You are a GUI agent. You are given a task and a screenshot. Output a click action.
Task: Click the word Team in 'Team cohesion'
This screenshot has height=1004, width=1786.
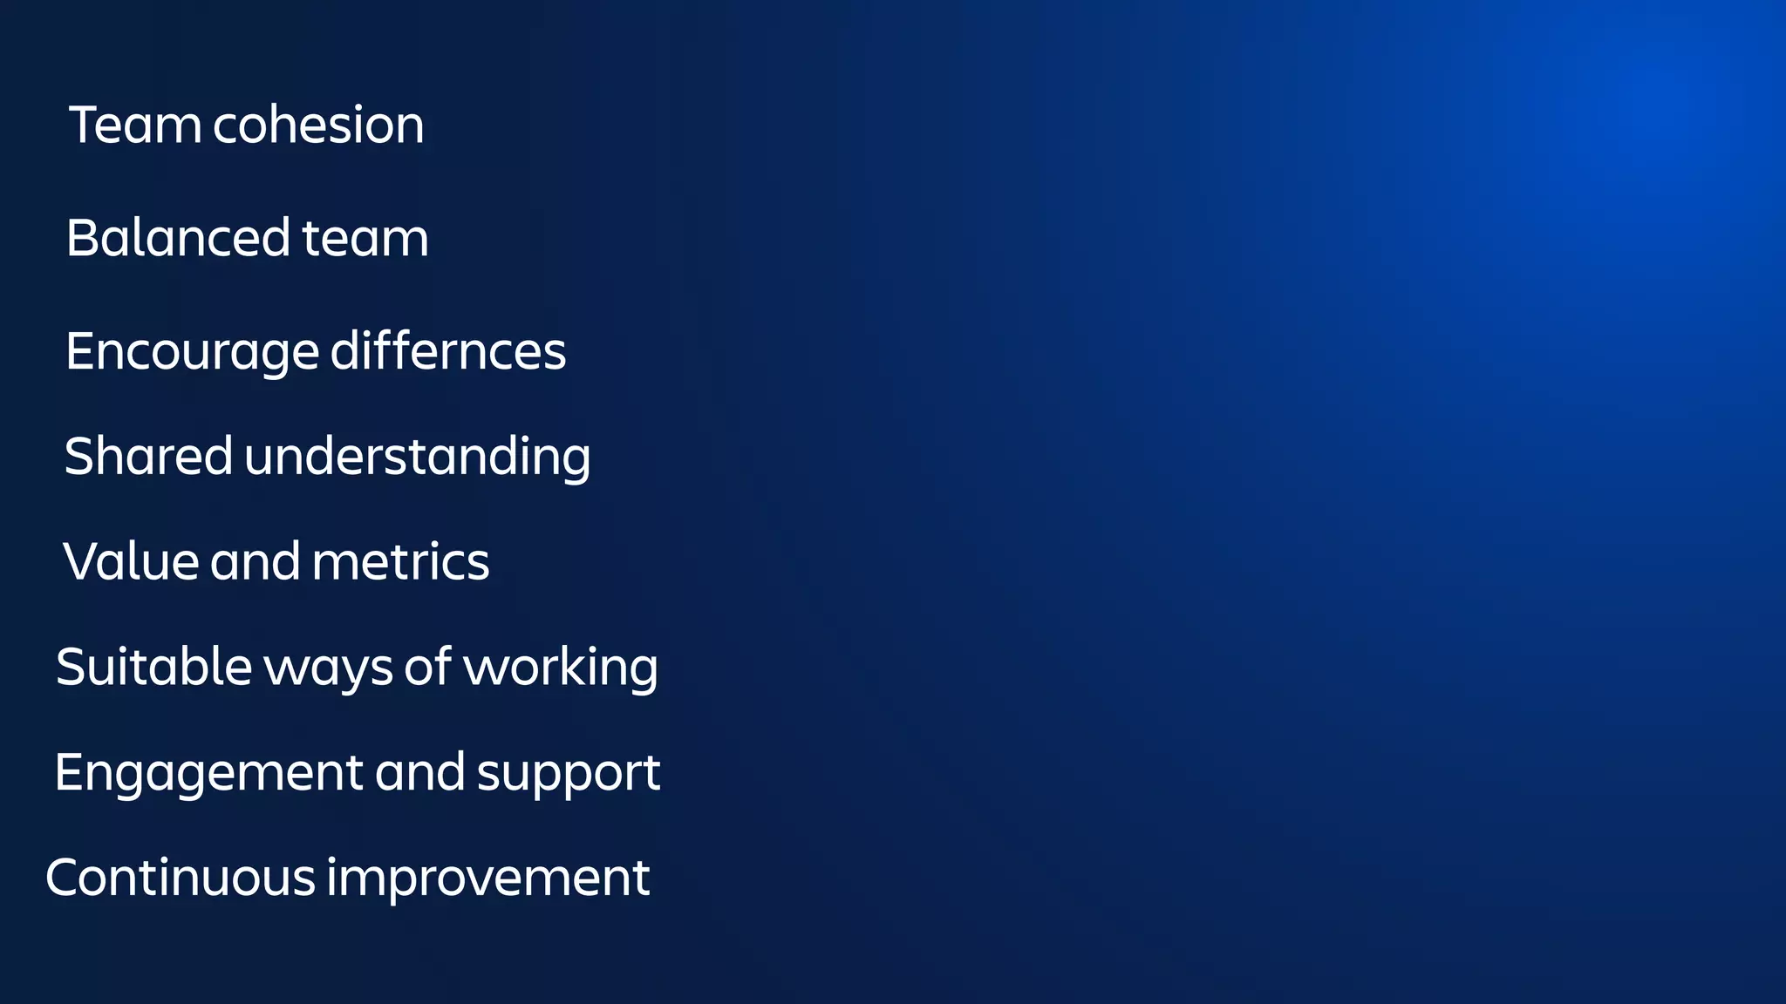point(135,125)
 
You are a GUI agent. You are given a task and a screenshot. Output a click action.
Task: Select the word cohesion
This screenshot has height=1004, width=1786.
point(318,125)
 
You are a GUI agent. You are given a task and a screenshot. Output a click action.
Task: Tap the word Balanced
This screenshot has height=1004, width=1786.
point(178,238)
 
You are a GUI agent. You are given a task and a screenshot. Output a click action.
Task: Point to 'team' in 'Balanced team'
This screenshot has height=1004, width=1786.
point(365,238)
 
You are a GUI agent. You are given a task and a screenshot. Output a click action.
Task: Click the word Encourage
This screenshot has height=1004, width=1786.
point(192,352)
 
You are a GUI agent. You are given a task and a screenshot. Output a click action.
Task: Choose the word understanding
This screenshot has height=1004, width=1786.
point(417,458)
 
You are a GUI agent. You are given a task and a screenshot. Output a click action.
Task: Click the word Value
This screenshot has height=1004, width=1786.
point(131,561)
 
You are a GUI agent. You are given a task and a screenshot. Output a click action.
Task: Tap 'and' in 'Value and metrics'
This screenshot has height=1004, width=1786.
point(255,561)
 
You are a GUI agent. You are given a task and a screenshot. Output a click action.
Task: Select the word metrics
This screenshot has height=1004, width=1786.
point(401,561)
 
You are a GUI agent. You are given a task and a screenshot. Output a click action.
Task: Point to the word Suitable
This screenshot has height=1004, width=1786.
point(153,667)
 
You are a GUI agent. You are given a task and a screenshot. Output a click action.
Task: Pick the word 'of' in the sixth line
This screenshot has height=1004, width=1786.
point(427,667)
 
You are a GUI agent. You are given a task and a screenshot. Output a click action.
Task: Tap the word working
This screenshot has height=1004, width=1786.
point(560,668)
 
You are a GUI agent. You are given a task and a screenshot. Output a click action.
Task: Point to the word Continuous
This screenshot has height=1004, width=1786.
point(180,878)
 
